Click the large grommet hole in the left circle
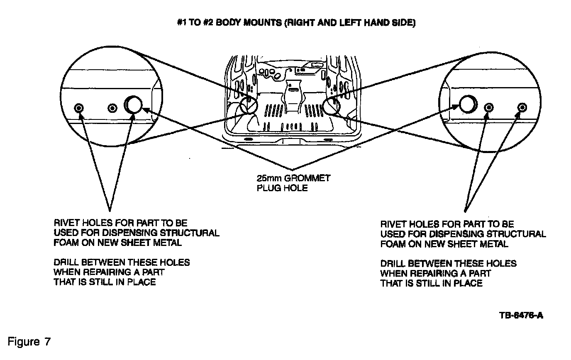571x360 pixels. pyautogui.click(x=133, y=105)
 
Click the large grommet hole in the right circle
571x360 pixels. pyautogui.click(x=467, y=104)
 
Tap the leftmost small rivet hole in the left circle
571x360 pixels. pyautogui.click(x=79, y=108)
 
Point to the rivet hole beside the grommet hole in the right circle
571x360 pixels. pyautogui.click(x=489, y=108)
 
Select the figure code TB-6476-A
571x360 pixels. pyautogui.click(x=521, y=315)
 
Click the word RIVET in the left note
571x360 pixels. pyautogui.click(x=66, y=223)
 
